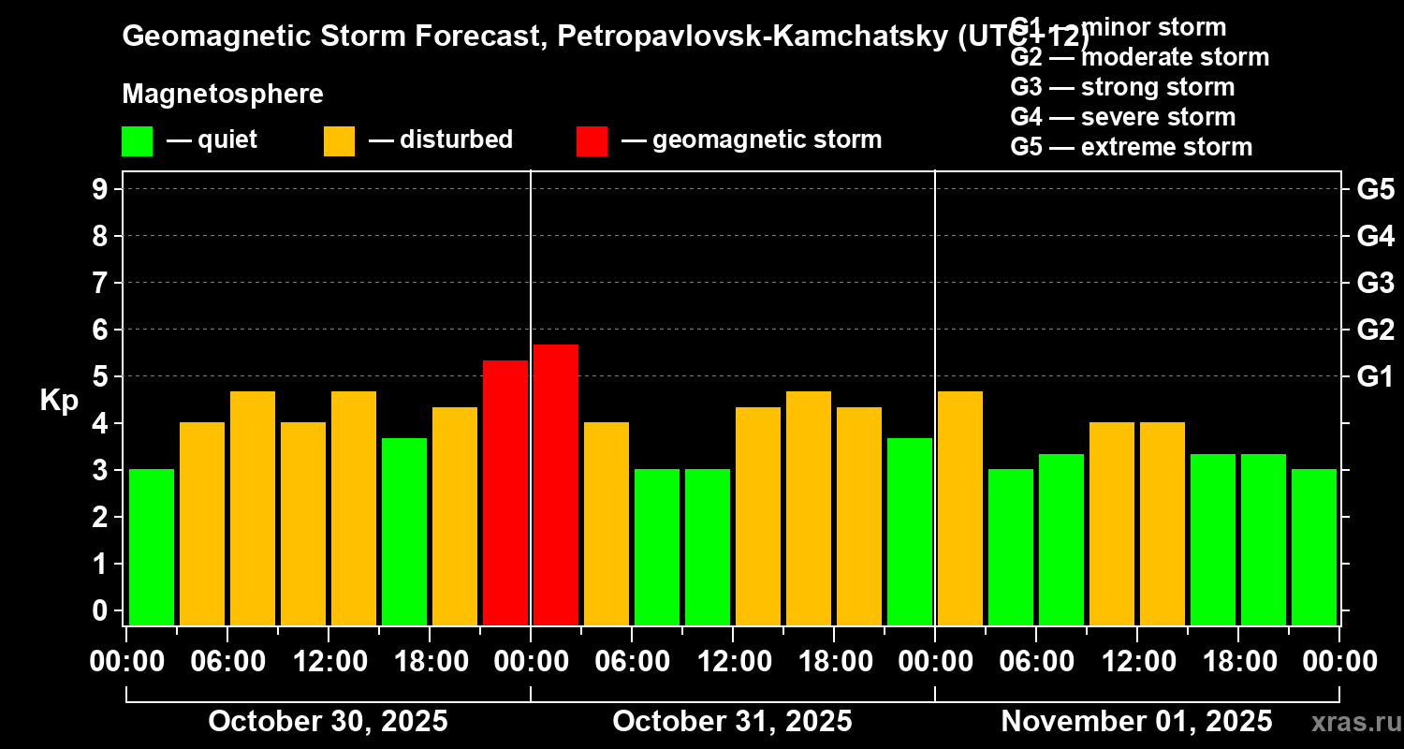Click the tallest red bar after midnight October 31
[x=556, y=485]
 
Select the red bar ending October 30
[x=505, y=492]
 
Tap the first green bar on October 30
[x=152, y=547]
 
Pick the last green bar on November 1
[x=1314, y=547]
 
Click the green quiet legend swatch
[x=138, y=140]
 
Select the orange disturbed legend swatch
[x=340, y=140]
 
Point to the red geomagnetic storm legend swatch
[x=592, y=140]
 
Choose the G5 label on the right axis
[x=1375, y=189]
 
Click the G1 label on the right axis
[x=1375, y=376]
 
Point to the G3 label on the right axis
[x=1375, y=283]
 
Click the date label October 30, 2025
[x=328, y=721]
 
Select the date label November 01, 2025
[x=1136, y=721]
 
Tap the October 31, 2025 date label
[x=732, y=721]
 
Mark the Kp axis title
[x=58, y=400]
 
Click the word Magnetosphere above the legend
[x=223, y=95]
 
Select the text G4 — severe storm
[x=1123, y=117]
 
